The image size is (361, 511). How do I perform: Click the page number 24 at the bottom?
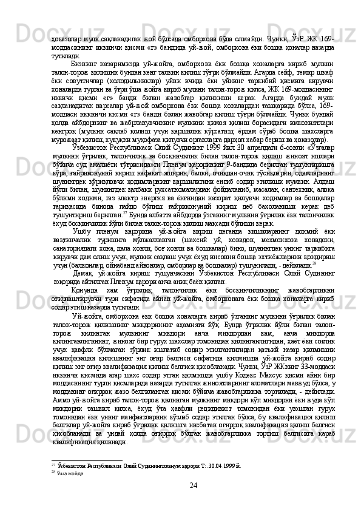[x=193, y=486]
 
